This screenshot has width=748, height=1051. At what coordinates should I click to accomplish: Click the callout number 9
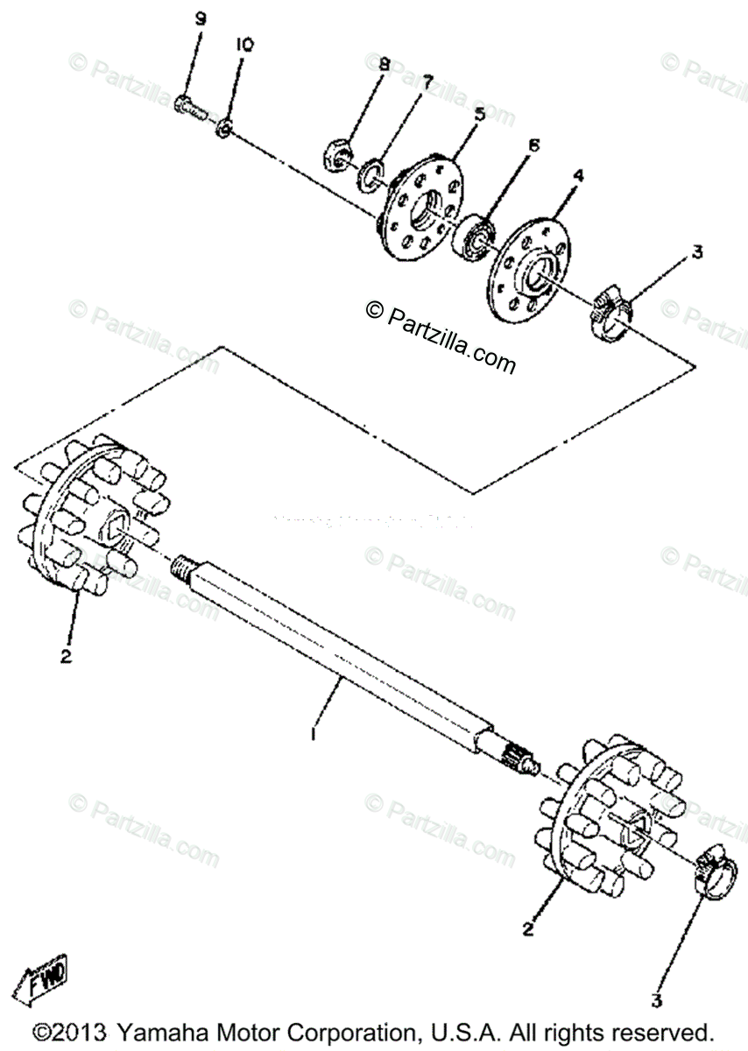pyautogui.click(x=200, y=18)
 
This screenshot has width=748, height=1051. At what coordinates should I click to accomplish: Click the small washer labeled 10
pyautogui.click(x=225, y=130)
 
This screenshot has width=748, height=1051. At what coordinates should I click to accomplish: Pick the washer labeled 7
pyautogui.click(x=373, y=172)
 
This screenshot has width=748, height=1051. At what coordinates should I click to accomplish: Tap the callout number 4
pyautogui.click(x=579, y=176)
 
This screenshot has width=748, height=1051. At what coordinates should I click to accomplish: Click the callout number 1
pyautogui.click(x=313, y=734)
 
